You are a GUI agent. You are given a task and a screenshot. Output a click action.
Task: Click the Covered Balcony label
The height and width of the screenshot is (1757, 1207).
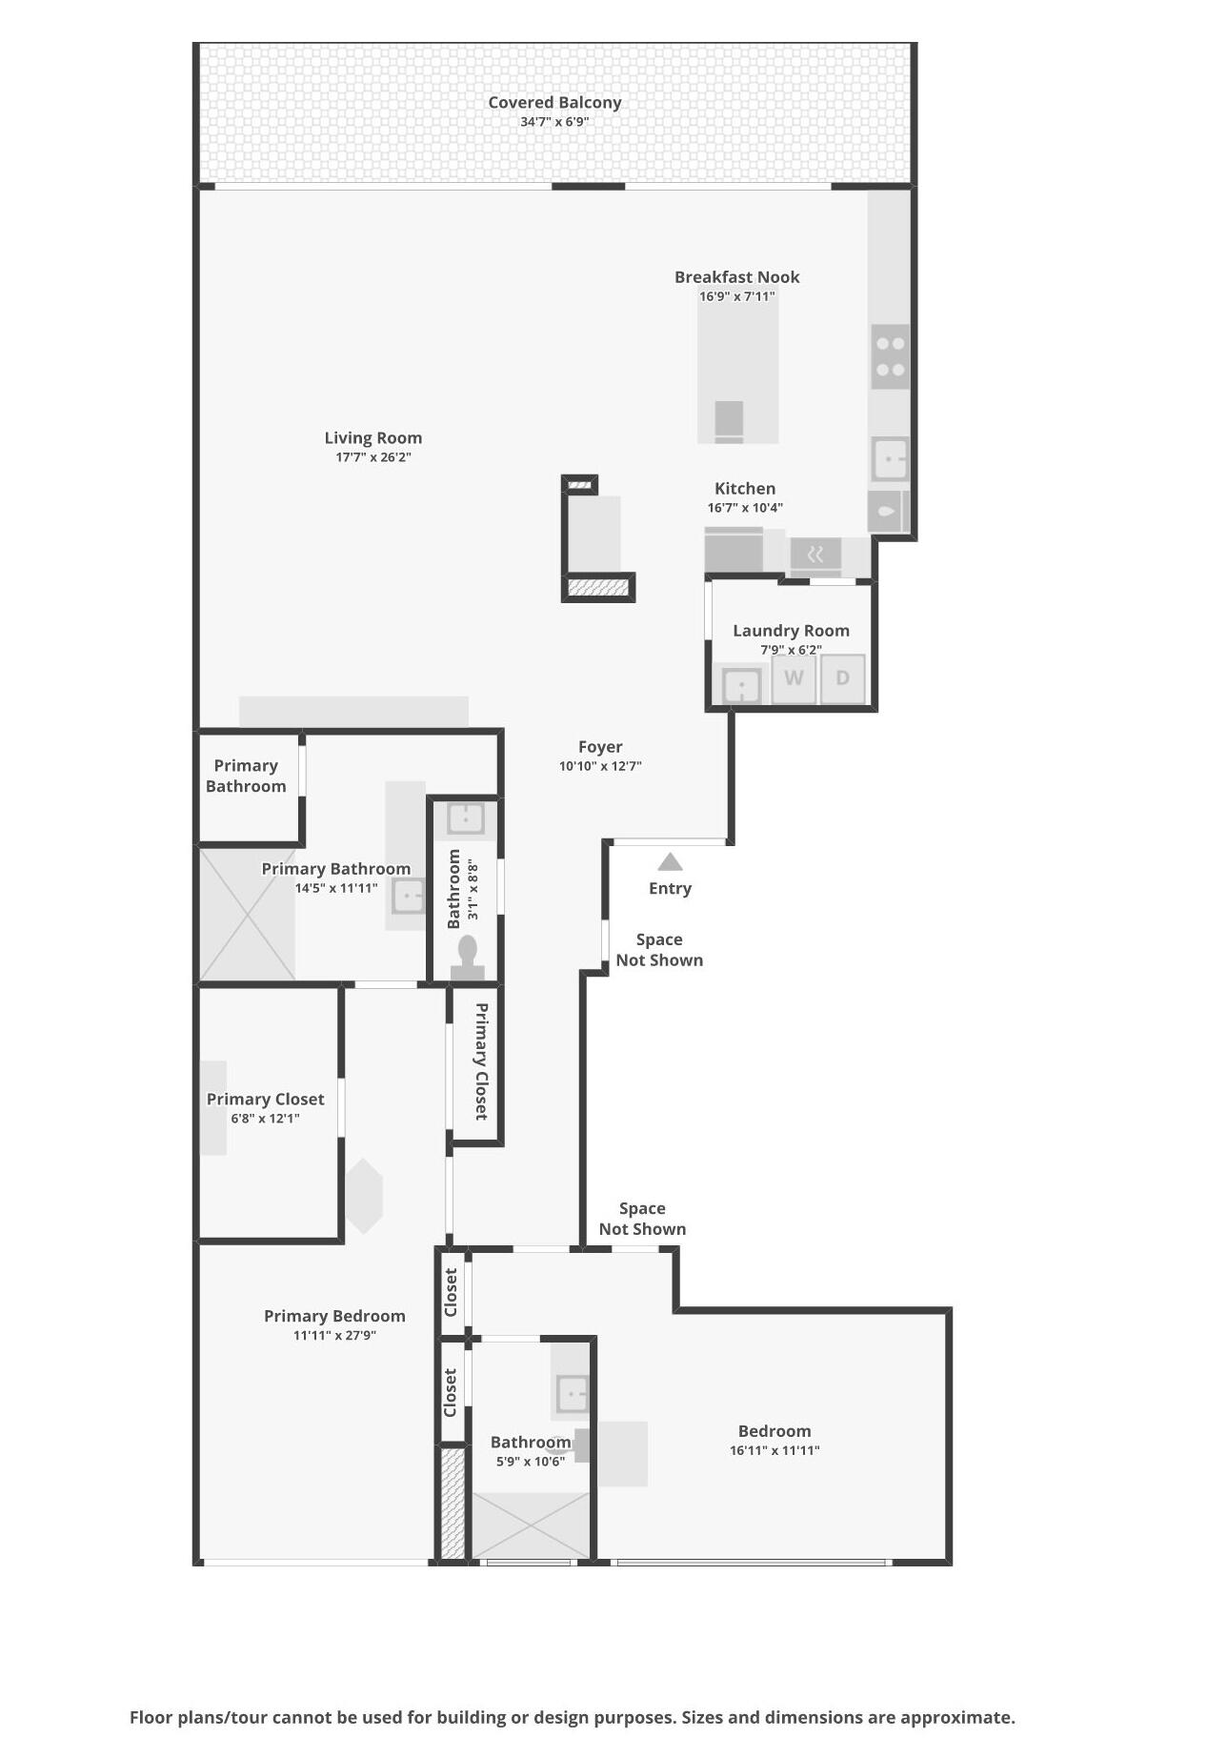(x=554, y=102)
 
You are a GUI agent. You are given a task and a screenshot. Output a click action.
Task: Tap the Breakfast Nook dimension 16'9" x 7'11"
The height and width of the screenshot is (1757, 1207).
(x=736, y=296)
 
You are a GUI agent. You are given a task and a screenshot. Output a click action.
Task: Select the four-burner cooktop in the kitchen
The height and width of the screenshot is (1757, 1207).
(x=890, y=356)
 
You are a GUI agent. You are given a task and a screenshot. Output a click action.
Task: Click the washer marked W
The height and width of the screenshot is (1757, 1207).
(x=794, y=678)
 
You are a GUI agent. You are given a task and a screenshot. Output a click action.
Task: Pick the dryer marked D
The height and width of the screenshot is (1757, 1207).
(x=842, y=678)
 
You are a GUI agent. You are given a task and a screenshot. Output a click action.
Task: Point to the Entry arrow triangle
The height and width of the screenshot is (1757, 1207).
(x=670, y=862)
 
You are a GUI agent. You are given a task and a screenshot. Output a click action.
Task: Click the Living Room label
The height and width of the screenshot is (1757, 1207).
(x=372, y=437)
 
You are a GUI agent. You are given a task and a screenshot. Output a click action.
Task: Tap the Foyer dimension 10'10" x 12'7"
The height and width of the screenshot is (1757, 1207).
(x=600, y=766)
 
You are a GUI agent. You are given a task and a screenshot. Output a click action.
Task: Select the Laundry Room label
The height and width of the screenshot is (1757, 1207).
(x=791, y=630)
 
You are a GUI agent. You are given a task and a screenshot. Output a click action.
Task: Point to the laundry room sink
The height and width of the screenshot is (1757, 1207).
(x=741, y=684)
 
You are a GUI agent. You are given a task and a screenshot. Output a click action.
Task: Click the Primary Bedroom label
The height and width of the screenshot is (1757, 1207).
(x=334, y=1316)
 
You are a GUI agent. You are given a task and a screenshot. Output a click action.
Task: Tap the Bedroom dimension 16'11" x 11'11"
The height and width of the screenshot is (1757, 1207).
(x=774, y=1450)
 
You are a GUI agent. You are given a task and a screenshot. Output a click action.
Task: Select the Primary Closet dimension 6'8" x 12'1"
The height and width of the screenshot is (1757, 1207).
(x=265, y=1119)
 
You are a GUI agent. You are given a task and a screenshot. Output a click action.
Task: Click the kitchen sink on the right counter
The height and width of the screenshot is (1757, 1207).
(x=890, y=459)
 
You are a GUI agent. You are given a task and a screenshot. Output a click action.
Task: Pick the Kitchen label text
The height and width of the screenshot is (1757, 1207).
(x=745, y=489)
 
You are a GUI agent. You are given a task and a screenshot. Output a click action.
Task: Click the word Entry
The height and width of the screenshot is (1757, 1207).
(x=670, y=888)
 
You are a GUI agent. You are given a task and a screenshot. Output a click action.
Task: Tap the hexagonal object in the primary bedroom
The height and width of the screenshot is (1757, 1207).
(x=363, y=1196)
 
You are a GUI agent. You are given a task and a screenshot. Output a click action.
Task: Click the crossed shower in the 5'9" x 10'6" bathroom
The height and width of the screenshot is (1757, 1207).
(x=531, y=1525)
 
